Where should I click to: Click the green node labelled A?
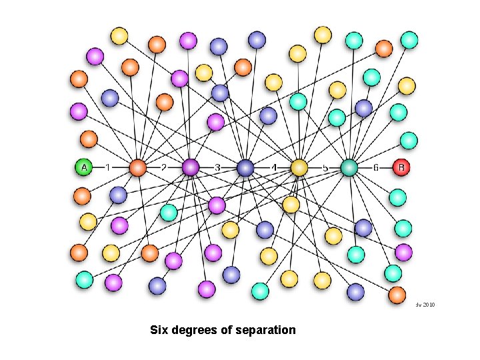click(83, 167)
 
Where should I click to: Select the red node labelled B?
click(401, 167)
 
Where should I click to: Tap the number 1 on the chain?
click(108, 167)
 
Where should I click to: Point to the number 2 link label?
click(164, 167)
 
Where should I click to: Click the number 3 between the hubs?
click(218, 167)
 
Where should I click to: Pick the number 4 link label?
click(273, 167)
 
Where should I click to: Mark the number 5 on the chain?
click(325, 167)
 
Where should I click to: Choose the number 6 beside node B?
click(376, 167)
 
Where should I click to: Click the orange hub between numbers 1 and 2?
click(137, 167)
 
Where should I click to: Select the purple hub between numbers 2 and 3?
click(191, 167)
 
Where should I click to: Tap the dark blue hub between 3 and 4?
click(245, 167)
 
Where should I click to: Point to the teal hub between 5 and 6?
click(349, 167)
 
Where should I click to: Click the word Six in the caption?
click(160, 330)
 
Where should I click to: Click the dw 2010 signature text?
click(425, 305)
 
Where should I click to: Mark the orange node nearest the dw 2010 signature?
click(397, 294)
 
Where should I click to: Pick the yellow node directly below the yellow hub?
click(291, 204)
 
